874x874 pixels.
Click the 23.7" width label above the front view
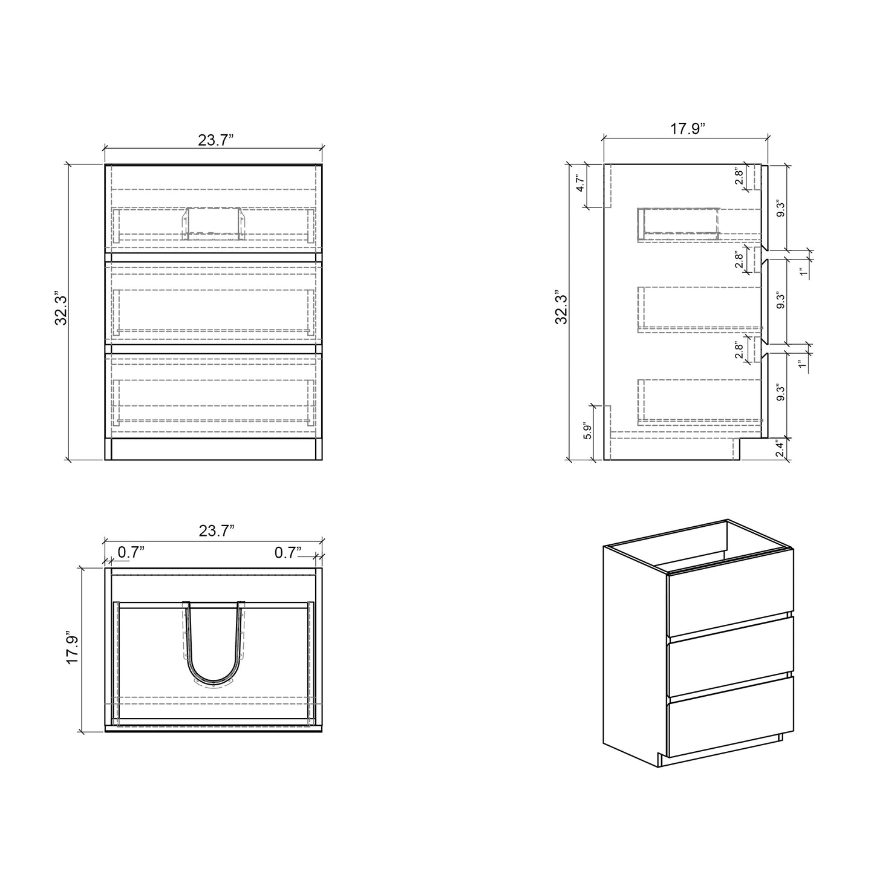216,140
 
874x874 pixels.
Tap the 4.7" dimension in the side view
579,184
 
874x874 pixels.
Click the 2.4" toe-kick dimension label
780,449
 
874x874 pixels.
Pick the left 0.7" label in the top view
131,552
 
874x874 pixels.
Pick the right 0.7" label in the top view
289,552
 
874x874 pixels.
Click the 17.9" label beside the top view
73,649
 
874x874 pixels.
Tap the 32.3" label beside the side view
561,309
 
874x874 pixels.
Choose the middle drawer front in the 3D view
729,647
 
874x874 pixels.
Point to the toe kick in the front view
214,449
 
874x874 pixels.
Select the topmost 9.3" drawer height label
781,209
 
